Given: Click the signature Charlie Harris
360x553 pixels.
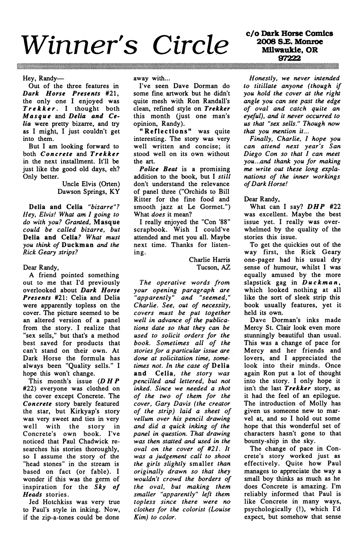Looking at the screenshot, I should click(209, 260).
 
